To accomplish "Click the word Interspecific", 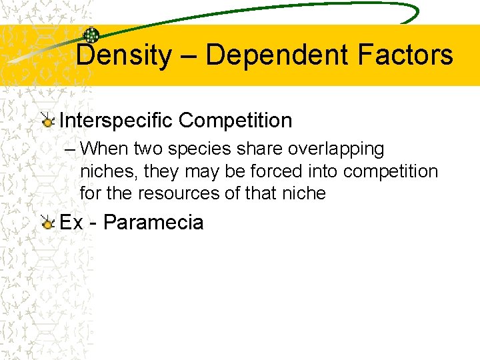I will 116,121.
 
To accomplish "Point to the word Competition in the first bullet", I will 235,121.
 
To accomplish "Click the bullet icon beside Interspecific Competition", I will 47,121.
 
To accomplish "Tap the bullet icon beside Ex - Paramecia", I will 47,223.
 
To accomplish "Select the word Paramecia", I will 153,222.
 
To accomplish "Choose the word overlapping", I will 336,149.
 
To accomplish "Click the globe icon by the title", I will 91,36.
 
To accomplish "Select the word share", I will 261,149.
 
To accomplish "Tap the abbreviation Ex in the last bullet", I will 71,222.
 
